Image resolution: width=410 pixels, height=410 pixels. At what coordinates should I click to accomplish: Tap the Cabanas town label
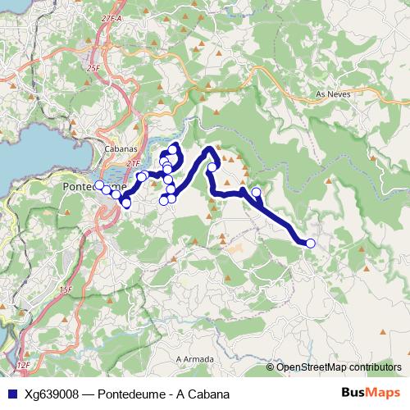pos(120,149)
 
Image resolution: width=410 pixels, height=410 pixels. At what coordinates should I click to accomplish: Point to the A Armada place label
pos(195,359)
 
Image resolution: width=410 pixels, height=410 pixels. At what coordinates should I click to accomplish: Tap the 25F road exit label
pos(92,69)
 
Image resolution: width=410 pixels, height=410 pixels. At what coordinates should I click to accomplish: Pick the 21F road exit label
pos(134,164)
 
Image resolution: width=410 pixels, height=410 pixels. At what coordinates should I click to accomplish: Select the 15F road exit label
pos(66,289)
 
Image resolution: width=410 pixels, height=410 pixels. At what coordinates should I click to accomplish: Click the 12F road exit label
pos(22,363)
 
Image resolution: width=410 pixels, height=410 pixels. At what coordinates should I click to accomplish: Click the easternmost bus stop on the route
pos(310,243)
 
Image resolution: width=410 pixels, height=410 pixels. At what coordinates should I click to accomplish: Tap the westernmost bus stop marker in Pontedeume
pos(99,185)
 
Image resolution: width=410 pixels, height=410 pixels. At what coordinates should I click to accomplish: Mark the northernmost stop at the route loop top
pos(174,148)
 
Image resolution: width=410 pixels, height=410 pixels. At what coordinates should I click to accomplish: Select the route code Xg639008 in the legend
pos(52,394)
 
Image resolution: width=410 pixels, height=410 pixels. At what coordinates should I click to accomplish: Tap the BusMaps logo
pos(371,392)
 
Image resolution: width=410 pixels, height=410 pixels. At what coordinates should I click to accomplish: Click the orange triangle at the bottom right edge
pos(383,331)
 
